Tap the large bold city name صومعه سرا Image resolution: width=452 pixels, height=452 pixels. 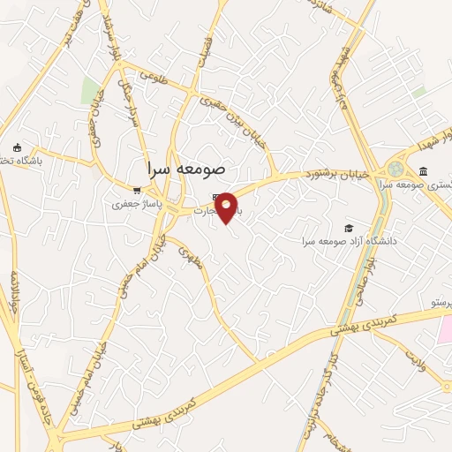[185, 167]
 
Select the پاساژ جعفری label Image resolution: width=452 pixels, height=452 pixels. [132, 205]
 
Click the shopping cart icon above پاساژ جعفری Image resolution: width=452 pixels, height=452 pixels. [136, 190]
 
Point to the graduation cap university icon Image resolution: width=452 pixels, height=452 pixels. [350, 228]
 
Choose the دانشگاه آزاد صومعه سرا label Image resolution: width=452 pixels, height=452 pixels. [349, 241]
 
